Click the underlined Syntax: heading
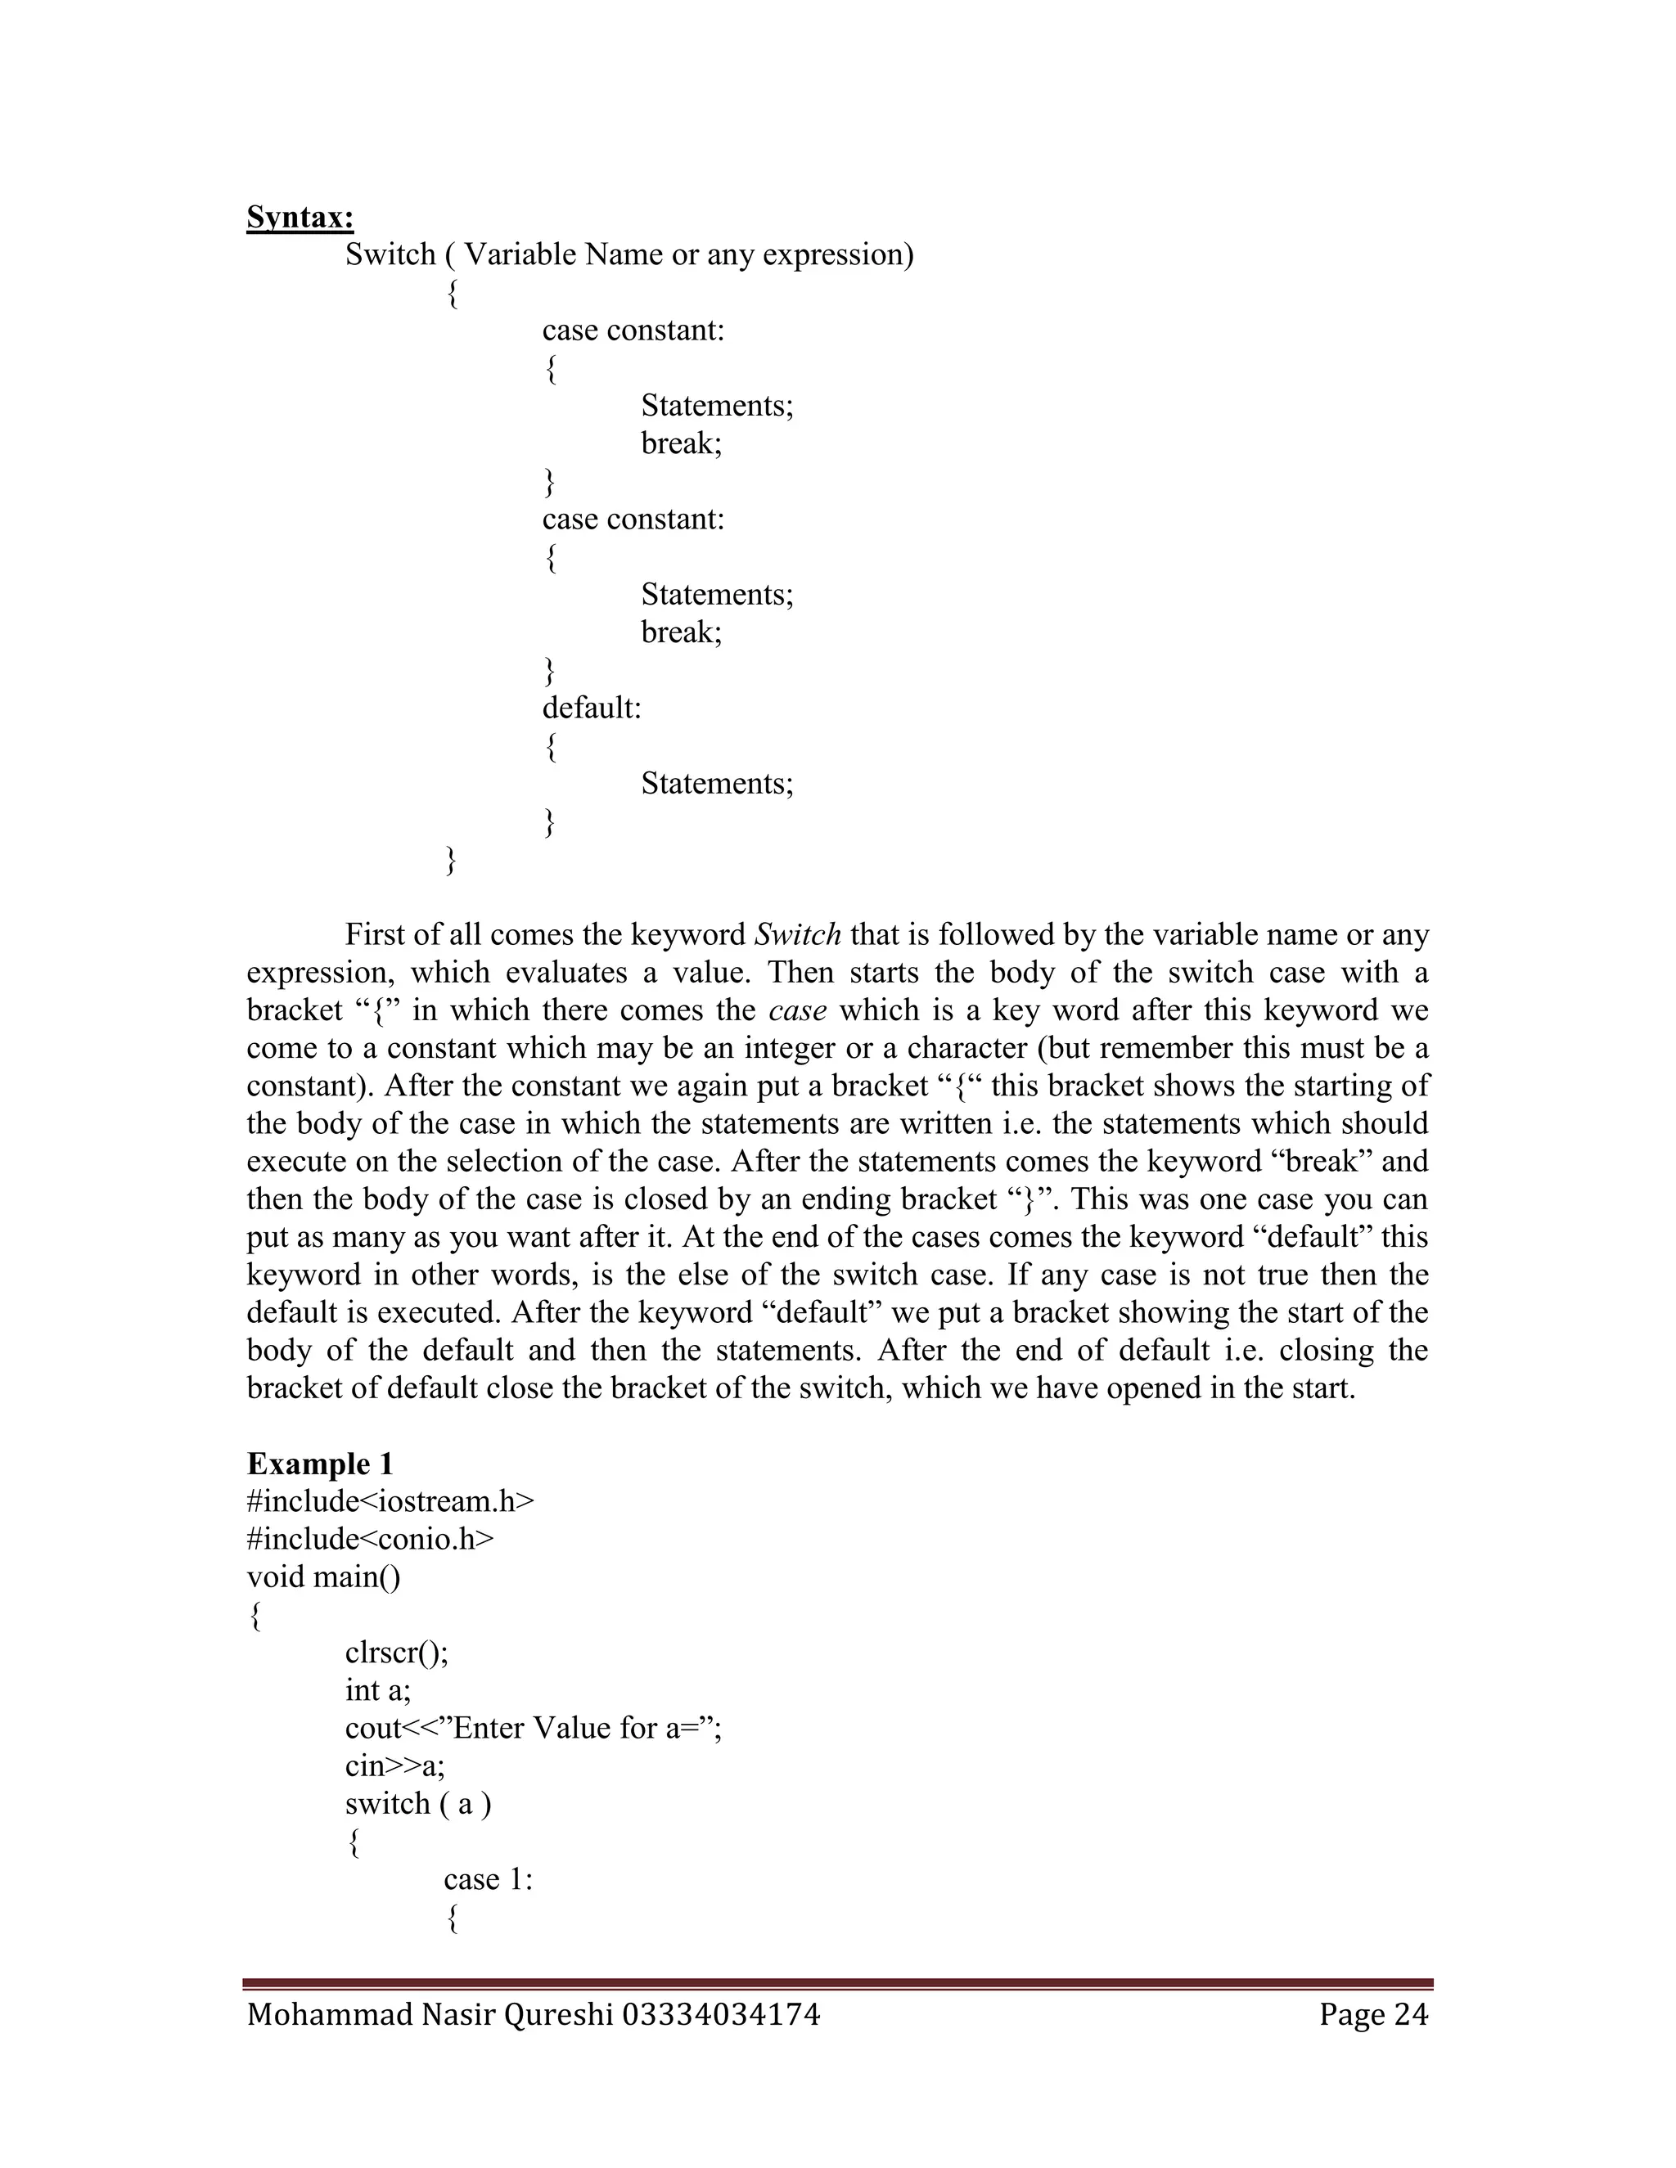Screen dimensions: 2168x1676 tap(300, 218)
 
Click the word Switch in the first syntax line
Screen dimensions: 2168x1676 tap(390, 255)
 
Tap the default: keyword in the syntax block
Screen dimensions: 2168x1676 tap(592, 708)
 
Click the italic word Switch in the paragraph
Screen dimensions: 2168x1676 tap(798, 935)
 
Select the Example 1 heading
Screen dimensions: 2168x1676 tap(320, 1464)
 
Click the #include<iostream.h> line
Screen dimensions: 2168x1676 tap(390, 1502)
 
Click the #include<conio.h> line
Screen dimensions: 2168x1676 tap(369, 1540)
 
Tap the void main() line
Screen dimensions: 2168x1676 tap(324, 1577)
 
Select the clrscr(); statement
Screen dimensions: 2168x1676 tap(396, 1653)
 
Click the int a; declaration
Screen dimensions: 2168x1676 tap(377, 1690)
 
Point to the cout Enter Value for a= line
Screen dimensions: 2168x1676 tap(534, 1728)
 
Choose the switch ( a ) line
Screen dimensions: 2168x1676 tap(418, 1804)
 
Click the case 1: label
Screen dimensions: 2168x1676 tap(488, 1879)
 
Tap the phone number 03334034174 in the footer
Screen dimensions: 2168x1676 tap(721, 2014)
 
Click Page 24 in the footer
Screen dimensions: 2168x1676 tap(1373, 2014)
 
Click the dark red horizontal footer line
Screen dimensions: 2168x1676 tap(837, 1983)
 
